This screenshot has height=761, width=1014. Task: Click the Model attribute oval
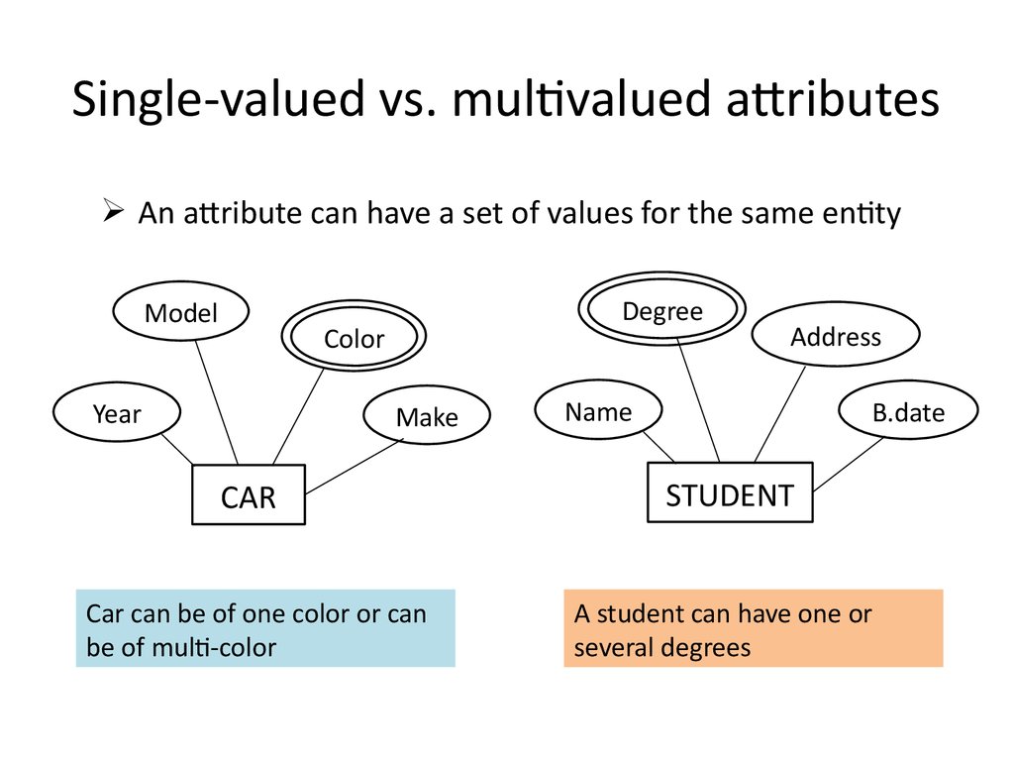[x=180, y=313]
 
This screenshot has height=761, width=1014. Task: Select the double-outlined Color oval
[x=354, y=339]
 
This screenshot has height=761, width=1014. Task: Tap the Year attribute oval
[x=117, y=413]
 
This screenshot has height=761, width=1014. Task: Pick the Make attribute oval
[x=427, y=417]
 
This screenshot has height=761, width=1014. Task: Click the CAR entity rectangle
[x=248, y=495]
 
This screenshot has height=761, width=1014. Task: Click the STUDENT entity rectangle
[x=729, y=492]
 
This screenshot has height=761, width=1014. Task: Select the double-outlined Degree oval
[x=662, y=312]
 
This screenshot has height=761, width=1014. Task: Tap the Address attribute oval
[x=835, y=337]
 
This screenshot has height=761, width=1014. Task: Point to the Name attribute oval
[x=598, y=411]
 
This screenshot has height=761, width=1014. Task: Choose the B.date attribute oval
[x=908, y=412]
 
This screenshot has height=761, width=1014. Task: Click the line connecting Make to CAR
[x=355, y=467]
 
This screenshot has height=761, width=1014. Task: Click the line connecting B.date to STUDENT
[x=848, y=464]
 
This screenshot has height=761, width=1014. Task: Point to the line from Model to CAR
[x=217, y=401]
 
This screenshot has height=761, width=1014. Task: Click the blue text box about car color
[x=265, y=629]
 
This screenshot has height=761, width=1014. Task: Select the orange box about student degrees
[x=753, y=629]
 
